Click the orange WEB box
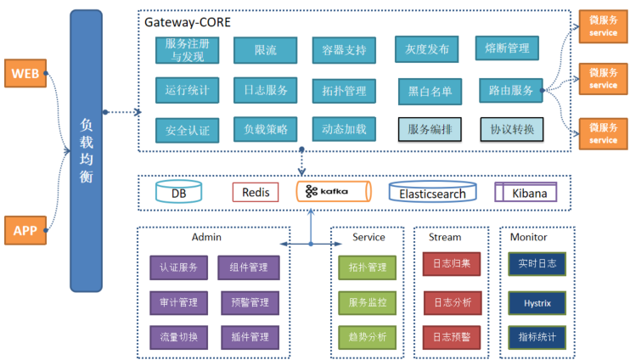tap(25, 74)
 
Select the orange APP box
tap(25, 229)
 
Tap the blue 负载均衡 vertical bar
tap(86, 149)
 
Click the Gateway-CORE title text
tap(187, 22)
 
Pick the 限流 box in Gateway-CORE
tap(266, 50)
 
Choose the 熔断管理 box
tap(507, 49)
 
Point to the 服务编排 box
tap(430, 129)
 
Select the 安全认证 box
tap(188, 131)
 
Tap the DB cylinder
tap(179, 193)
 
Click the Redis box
tap(256, 193)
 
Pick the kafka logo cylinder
tap(333, 192)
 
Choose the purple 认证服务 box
tap(178, 267)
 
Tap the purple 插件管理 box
tap(249, 337)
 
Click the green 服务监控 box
tap(367, 301)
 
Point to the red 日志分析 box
tap(452, 301)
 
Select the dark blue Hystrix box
tap(537, 301)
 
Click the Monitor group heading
tap(529, 238)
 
